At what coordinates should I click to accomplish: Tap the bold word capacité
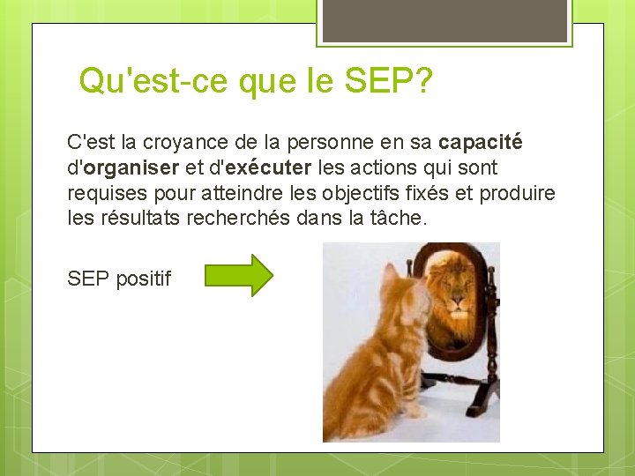[481, 142]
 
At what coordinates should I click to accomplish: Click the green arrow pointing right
[239, 275]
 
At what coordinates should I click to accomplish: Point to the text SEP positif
[119, 279]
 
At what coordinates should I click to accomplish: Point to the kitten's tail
[353, 419]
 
